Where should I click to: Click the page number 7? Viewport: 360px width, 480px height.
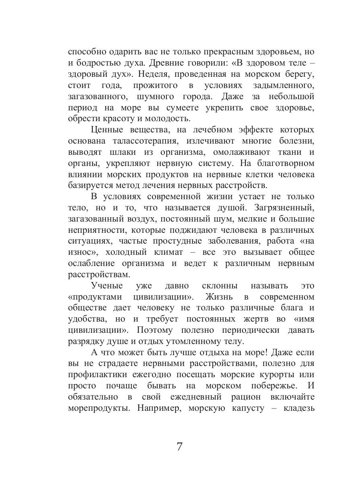(180, 446)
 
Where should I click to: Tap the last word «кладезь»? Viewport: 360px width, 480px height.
(298, 408)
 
